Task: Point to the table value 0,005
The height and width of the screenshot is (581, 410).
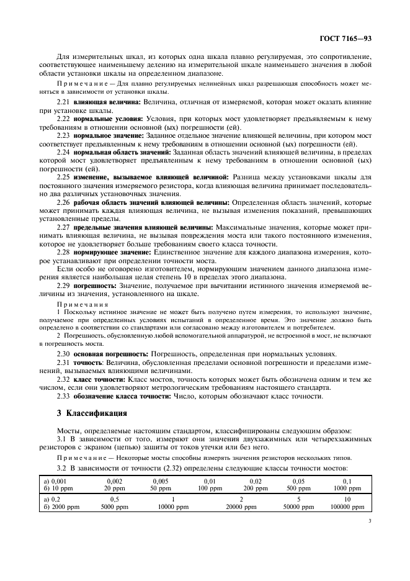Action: click(x=159, y=480)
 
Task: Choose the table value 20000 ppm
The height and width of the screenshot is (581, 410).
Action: click(x=241, y=507)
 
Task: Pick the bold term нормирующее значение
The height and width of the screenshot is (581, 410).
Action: click(x=112, y=252)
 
